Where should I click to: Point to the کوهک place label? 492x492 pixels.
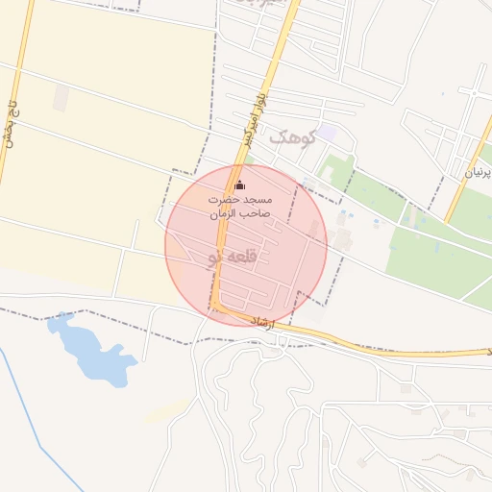click(x=292, y=137)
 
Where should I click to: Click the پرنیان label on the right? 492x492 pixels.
click(x=480, y=172)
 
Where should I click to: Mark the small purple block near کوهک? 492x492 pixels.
click(x=328, y=132)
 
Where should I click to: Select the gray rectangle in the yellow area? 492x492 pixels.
click(x=61, y=97)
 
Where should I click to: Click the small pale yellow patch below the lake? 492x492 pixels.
click(x=165, y=411)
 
